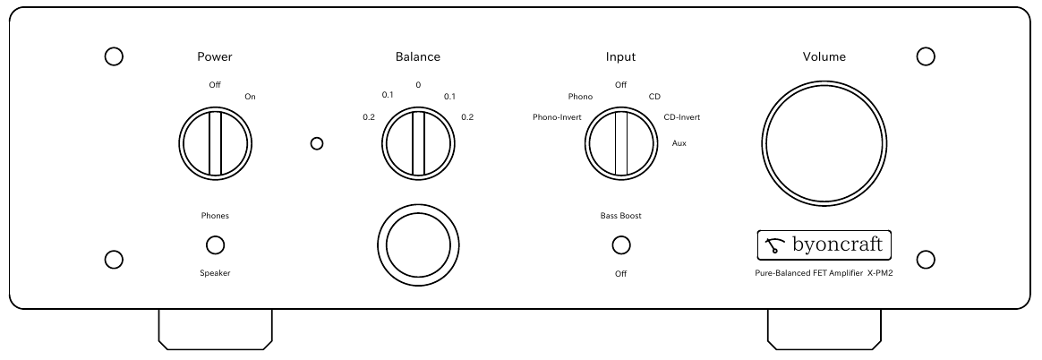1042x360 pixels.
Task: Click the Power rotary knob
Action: [215, 143]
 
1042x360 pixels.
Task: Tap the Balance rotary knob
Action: [418, 143]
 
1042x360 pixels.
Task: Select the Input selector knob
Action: [621, 143]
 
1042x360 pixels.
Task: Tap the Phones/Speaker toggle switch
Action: [215, 245]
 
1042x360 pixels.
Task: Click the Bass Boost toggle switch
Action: [621, 245]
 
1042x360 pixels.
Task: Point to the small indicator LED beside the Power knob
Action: [317, 143]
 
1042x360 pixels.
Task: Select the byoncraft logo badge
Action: [824, 245]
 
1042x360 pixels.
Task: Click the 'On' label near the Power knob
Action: [250, 97]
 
